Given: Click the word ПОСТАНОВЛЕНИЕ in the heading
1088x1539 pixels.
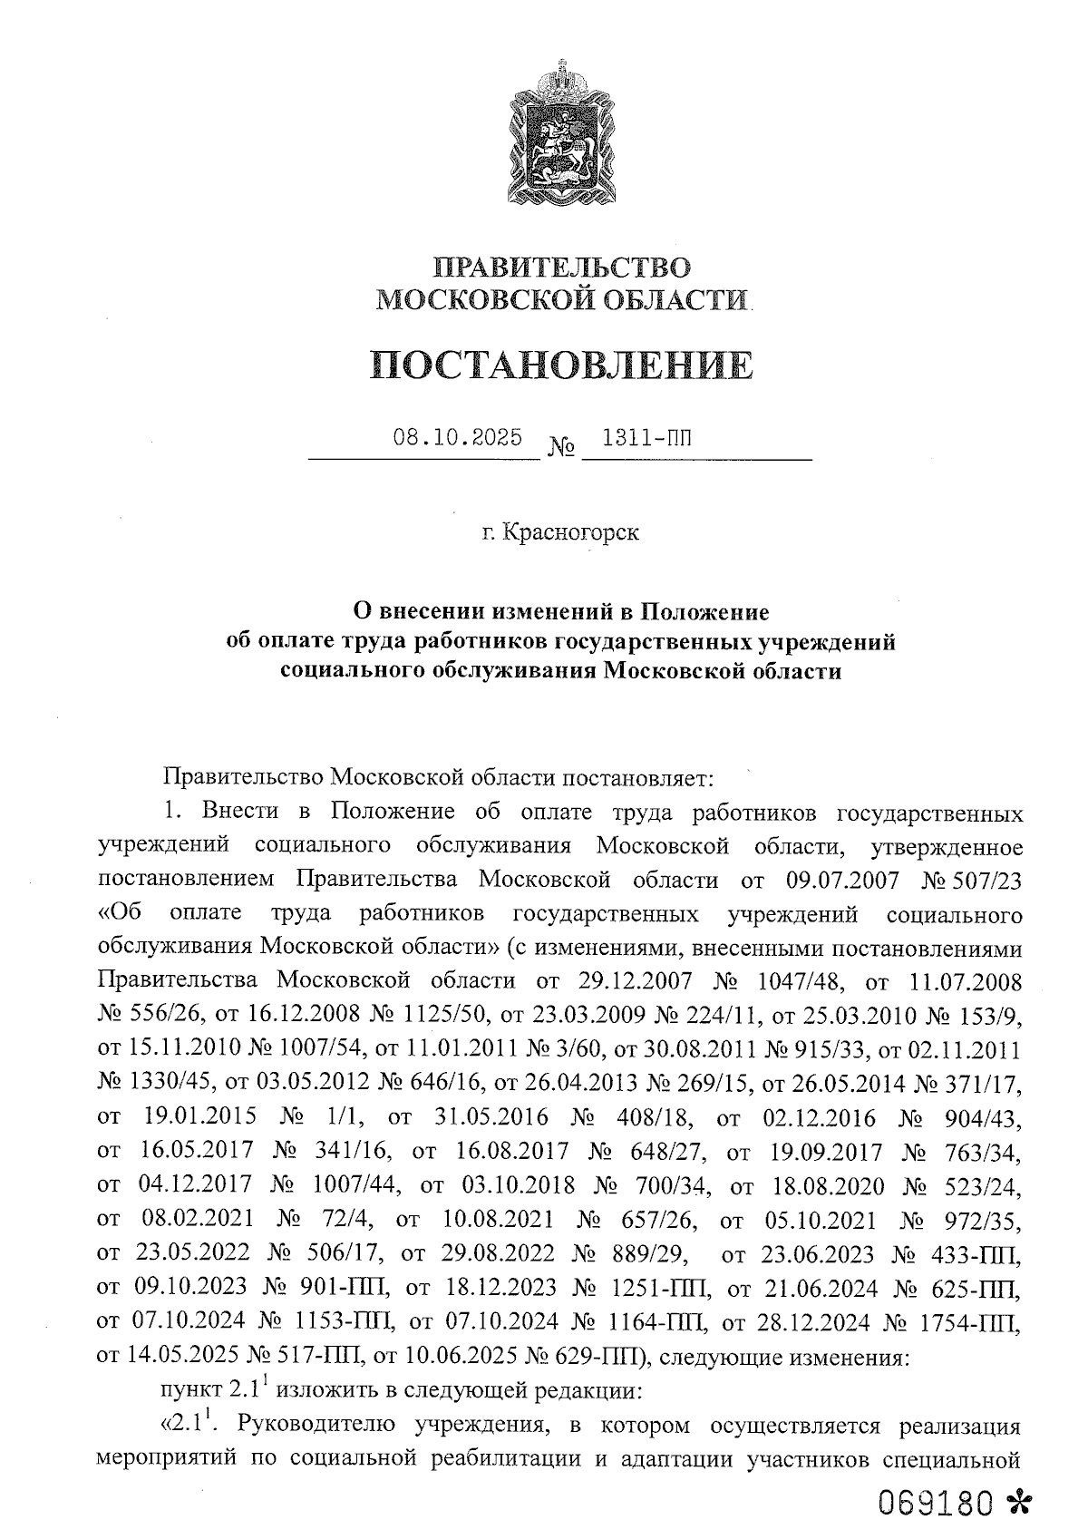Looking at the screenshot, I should coord(562,365).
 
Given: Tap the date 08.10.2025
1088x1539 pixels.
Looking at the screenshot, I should coord(457,439).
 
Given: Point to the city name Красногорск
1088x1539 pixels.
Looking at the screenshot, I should coord(571,532).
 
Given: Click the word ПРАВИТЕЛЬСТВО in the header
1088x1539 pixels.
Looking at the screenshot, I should coord(562,268).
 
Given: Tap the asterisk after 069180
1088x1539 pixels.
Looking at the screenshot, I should coord(1019,1502).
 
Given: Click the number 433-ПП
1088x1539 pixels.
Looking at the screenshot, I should coord(976,1256).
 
